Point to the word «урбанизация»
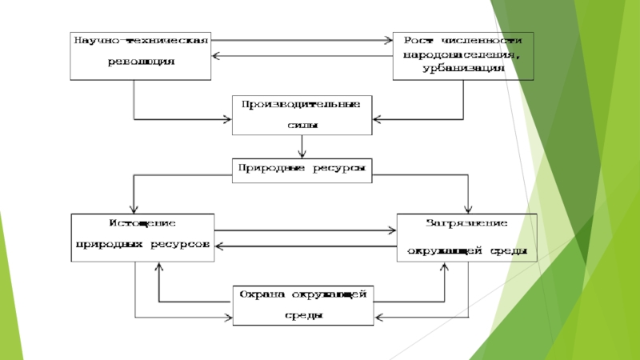464,68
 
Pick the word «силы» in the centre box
301,126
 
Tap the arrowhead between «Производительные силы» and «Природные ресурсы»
302,155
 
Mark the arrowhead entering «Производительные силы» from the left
227,119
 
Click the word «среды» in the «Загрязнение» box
508,250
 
